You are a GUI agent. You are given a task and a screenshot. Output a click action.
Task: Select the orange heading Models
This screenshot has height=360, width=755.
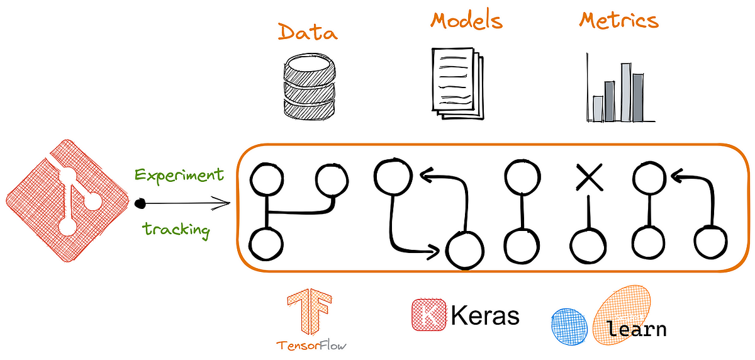[466, 21]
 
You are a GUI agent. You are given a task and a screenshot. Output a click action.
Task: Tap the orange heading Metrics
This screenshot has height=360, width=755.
[618, 21]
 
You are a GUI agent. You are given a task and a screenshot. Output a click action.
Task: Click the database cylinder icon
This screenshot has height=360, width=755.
[307, 86]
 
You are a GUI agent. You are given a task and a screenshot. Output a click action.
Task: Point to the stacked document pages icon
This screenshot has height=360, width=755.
[457, 82]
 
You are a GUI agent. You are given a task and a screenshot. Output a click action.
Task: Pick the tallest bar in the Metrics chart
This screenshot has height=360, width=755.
[625, 92]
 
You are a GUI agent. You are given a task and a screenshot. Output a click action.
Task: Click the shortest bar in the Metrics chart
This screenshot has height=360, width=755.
[598, 108]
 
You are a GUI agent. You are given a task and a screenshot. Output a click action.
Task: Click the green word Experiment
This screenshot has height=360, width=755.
[178, 175]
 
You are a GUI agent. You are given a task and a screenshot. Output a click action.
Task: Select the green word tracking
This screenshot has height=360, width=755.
[176, 229]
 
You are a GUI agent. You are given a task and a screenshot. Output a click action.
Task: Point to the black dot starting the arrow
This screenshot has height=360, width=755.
[141, 203]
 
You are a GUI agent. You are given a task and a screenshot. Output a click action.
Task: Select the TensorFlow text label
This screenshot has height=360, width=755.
[312, 345]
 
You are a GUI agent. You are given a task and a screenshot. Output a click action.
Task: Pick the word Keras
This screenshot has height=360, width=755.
[485, 315]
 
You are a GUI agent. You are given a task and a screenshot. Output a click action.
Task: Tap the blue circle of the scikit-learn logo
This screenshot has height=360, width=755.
[569, 326]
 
